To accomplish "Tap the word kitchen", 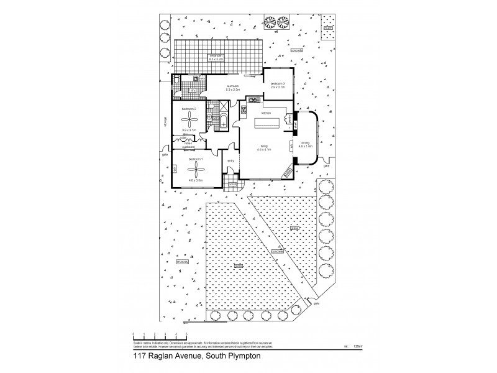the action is [x=266, y=113].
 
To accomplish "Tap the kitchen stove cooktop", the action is [x=253, y=100].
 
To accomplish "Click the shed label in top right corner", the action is [x=327, y=27].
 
